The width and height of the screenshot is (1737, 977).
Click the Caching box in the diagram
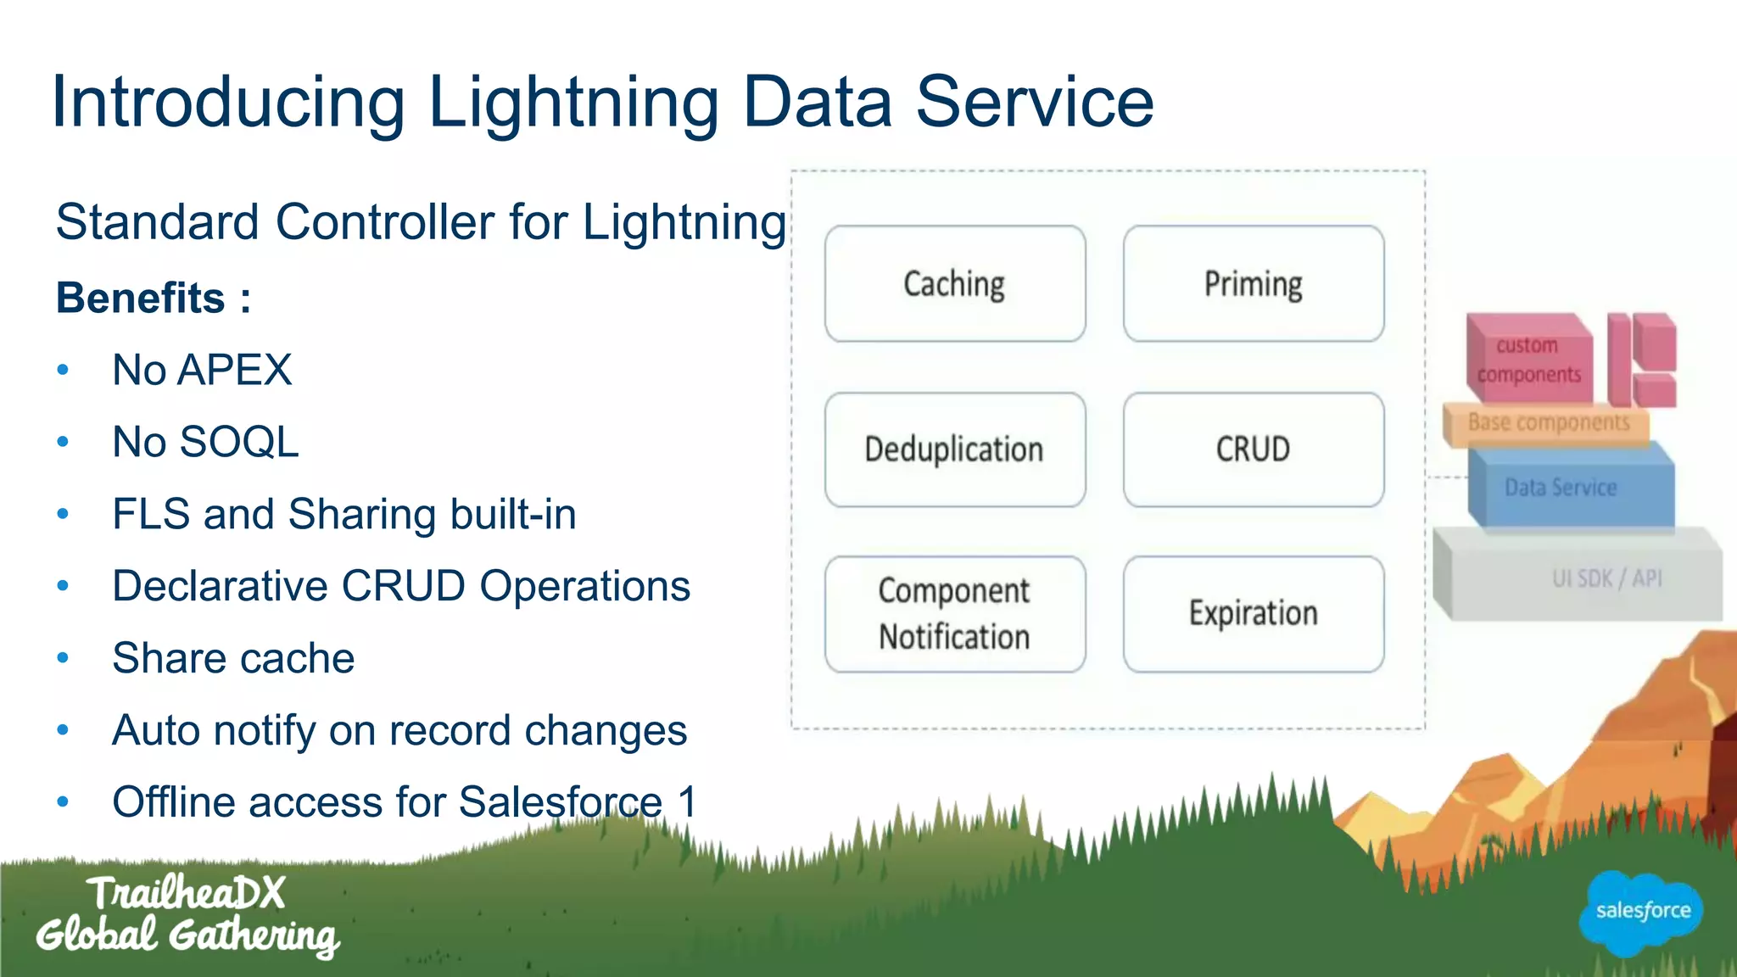click(954, 283)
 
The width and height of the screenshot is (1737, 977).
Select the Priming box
click(1253, 283)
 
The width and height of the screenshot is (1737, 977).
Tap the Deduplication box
click(954, 449)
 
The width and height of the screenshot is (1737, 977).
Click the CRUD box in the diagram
click(1253, 449)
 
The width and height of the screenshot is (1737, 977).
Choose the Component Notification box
click(954, 614)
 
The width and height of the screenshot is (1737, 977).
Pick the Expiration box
click(1253, 614)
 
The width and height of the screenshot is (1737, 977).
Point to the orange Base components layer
click(1548, 423)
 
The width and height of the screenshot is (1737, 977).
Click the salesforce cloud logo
click(1642, 913)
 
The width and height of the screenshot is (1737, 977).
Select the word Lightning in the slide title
click(573, 103)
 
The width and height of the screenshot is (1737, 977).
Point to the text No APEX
click(202, 371)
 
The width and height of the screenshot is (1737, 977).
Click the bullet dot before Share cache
click(63, 658)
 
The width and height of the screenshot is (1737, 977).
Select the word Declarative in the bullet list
click(219, 587)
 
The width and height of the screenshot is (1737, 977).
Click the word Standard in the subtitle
click(158, 223)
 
